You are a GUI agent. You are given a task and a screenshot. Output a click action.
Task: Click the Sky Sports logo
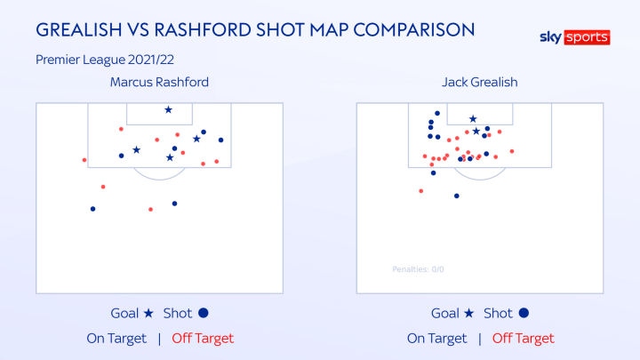coord(575,37)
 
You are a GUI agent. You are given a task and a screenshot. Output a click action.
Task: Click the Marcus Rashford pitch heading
coord(159,82)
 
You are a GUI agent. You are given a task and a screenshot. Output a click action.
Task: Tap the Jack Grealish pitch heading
coord(479,82)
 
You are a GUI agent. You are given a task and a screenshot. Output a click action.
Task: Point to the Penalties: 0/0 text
coord(418,269)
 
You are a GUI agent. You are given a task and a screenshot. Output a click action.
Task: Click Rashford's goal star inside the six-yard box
coord(168,110)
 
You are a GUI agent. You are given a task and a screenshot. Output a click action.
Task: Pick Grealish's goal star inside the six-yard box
coord(473,119)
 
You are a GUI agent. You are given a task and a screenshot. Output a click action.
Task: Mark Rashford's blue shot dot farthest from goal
coord(92,209)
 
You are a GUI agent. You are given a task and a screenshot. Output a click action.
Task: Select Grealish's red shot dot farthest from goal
coord(421,191)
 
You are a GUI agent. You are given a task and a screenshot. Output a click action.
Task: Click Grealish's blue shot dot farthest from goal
coord(456,196)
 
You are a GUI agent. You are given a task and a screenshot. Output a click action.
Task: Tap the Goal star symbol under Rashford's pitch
coord(148,313)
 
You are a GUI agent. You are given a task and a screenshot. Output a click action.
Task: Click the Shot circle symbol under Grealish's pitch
coord(524,313)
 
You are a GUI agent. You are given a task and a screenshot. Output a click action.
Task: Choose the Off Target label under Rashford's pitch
coord(202,338)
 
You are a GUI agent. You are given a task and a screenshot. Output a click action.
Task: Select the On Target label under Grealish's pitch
coord(436,338)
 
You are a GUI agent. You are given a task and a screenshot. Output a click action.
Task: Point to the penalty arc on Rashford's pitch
coord(160,176)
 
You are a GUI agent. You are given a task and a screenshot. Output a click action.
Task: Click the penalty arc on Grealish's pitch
coord(480,176)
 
